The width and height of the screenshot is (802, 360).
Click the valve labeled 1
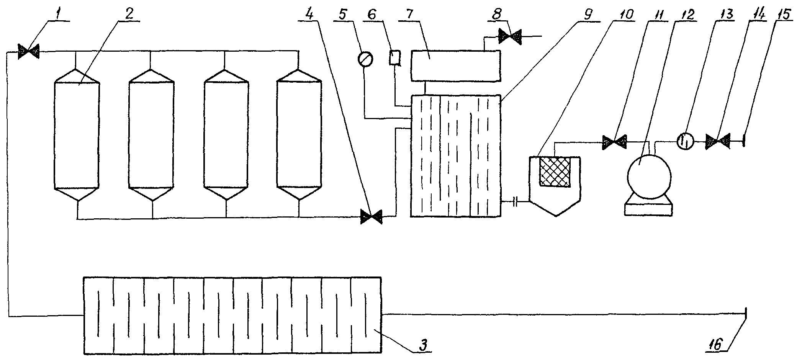28,51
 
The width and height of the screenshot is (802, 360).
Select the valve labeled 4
371,217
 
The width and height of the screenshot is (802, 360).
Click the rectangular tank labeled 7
455,66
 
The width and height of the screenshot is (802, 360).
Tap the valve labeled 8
510,37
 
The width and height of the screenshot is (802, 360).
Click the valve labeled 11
614,142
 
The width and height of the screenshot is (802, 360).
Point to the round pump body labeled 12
649,177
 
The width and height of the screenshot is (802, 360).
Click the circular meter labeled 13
685,142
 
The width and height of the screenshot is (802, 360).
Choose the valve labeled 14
718,141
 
